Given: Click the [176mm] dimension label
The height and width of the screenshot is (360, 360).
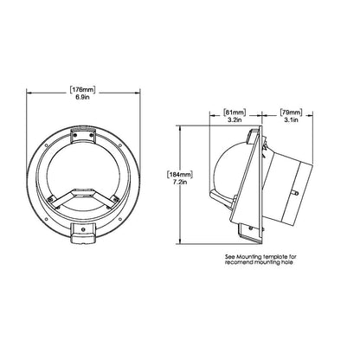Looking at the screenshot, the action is pos(82,90).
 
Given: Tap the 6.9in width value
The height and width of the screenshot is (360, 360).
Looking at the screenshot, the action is pos(82,97).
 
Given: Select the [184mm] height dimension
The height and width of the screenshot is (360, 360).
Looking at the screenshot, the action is pos(179,175).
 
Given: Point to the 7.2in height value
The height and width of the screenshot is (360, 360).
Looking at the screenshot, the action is pos(180,182).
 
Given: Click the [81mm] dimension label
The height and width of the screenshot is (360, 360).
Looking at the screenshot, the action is pos(235,112).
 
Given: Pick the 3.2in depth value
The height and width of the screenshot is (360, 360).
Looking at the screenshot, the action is pos(235,119).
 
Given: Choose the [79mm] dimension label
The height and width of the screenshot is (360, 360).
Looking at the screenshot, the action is pos(291,112).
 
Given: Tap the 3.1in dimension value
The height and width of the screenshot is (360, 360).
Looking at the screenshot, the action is pos(291,119).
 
